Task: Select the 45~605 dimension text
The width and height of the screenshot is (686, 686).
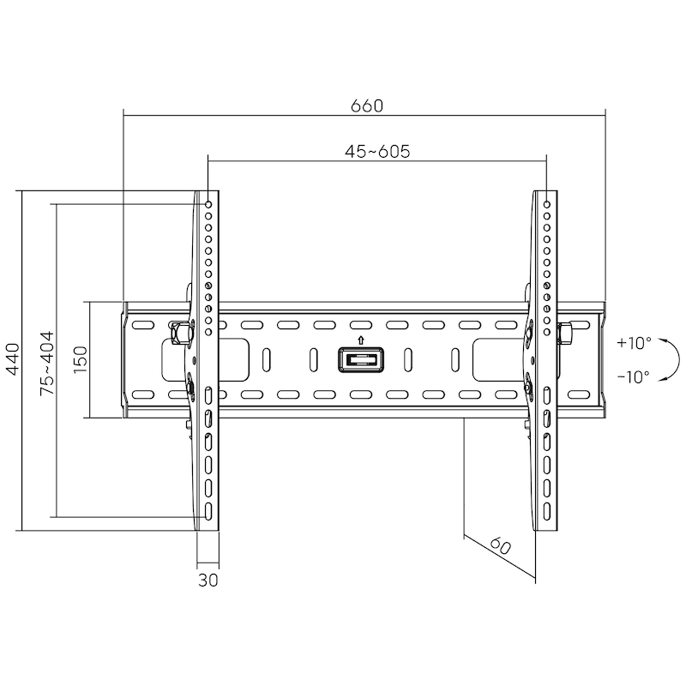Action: [377, 152]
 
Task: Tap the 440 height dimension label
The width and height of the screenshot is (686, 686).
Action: [12, 359]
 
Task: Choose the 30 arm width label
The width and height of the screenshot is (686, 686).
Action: [208, 580]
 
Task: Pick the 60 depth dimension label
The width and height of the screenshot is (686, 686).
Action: [502, 546]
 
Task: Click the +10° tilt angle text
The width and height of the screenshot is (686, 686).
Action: [634, 342]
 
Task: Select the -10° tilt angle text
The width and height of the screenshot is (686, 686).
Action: [634, 375]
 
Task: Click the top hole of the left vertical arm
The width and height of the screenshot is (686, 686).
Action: [208, 204]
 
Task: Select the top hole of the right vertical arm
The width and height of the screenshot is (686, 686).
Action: [547, 204]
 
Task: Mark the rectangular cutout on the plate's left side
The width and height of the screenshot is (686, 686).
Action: [180, 358]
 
